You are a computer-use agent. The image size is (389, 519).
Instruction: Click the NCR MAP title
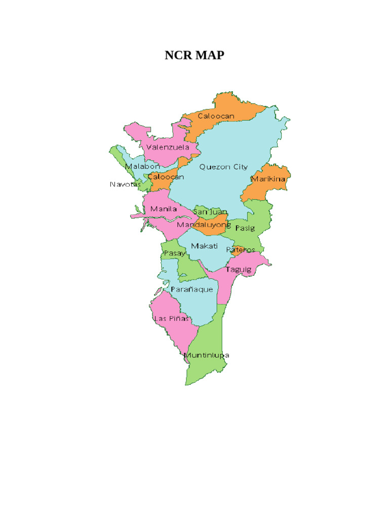pyautogui.click(x=194, y=56)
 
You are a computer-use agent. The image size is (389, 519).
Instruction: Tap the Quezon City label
pyautogui.click(x=223, y=166)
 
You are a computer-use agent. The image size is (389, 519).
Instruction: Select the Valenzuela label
pyautogui.click(x=168, y=147)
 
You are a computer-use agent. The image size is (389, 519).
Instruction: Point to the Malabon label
pyautogui.click(x=142, y=166)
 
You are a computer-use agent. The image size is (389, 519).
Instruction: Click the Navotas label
pyautogui.click(x=125, y=184)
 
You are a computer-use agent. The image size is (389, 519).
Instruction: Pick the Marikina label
pyautogui.click(x=268, y=179)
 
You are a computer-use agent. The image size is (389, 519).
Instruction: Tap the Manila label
pyautogui.click(x=164, y=209)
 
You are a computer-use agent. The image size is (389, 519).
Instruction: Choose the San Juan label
pyautogui.click(x=210, y=211)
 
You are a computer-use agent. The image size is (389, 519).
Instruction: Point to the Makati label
pyautogui.click(x=204, y=246)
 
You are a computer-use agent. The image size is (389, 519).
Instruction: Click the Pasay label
pyautogui.click(x=174, y=253)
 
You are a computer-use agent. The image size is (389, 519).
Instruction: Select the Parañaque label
pyautogui.click(x=191, y=289)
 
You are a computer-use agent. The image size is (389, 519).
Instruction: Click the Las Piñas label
pyautogui.click(x=171, y=319)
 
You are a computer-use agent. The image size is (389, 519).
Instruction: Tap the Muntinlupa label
pyautogui.click(x=207, y=355)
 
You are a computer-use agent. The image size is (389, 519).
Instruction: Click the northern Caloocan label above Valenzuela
pyautogui.click(x=216, y=116)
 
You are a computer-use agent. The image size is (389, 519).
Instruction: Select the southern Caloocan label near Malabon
pyautogui.click(x=166, y=177)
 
